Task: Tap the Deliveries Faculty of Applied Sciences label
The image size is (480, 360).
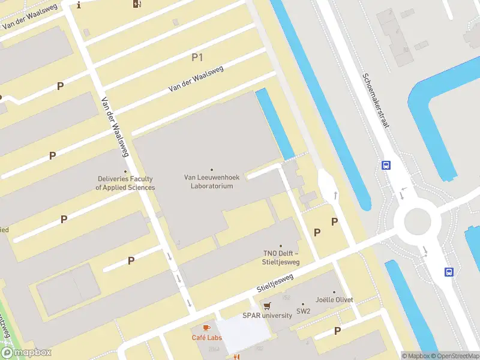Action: click(125, 183)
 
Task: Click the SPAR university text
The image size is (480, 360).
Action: click(267, 315)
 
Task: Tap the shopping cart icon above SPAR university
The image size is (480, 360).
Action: click(267, 305)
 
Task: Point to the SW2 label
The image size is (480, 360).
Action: click(303, 311)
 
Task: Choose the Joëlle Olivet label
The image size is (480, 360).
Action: click(334, 299)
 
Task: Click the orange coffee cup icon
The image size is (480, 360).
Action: click(206, 328)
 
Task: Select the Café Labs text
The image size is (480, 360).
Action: click(206, 338)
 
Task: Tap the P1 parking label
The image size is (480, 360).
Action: click(197, 58)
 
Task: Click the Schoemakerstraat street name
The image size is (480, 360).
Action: click(376, 100)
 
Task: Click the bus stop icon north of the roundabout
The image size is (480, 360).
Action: click(386, 165)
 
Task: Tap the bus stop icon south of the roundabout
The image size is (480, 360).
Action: click(448, 272)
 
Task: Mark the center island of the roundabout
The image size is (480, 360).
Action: click(418, 222)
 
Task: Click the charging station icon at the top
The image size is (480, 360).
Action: click(137, 4)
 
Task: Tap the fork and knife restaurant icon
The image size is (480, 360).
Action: click(236, 357)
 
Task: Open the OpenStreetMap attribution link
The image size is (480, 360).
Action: click(454, 356)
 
